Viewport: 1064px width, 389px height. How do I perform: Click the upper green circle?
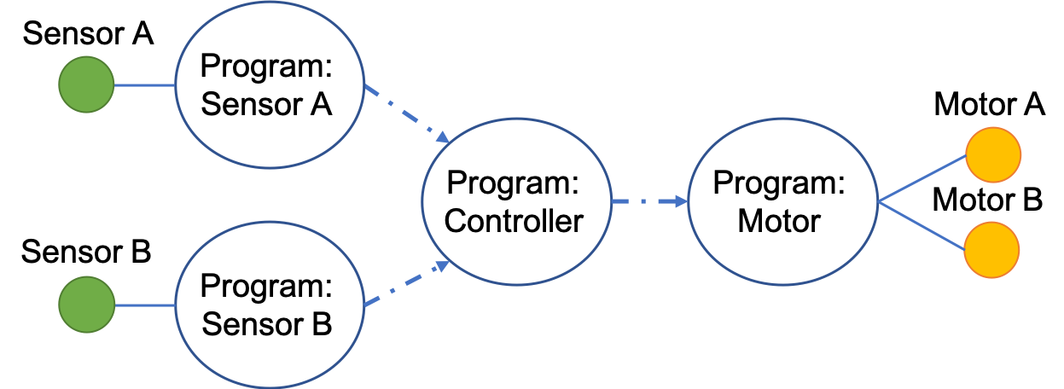point(86,84)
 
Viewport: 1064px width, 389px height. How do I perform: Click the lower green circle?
point(86,305)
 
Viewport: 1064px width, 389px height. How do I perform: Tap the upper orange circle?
point(992,154)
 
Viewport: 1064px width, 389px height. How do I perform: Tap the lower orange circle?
point(991,250)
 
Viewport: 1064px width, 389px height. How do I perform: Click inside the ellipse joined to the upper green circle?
point(270,84)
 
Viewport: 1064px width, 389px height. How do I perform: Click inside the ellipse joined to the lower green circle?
point(270,305)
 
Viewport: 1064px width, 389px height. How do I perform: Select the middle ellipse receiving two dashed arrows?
point(516,201)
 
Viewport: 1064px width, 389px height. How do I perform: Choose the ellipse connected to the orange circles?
point(782,201)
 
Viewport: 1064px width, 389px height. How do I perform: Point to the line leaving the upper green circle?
point(144,85)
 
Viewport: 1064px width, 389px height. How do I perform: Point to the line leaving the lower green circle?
point(144,305)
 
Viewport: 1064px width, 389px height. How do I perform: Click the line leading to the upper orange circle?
point(922,178)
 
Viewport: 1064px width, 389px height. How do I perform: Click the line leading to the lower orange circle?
point(922,225)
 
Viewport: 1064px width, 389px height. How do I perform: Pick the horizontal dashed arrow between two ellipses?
point(648,201)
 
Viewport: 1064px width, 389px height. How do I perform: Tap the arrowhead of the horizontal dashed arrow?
point(681,201)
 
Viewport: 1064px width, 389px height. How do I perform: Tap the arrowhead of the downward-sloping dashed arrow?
point(443,137)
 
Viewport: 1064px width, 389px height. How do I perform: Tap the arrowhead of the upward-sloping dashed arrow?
point(443,265)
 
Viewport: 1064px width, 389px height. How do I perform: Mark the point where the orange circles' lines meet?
point(879,201)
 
